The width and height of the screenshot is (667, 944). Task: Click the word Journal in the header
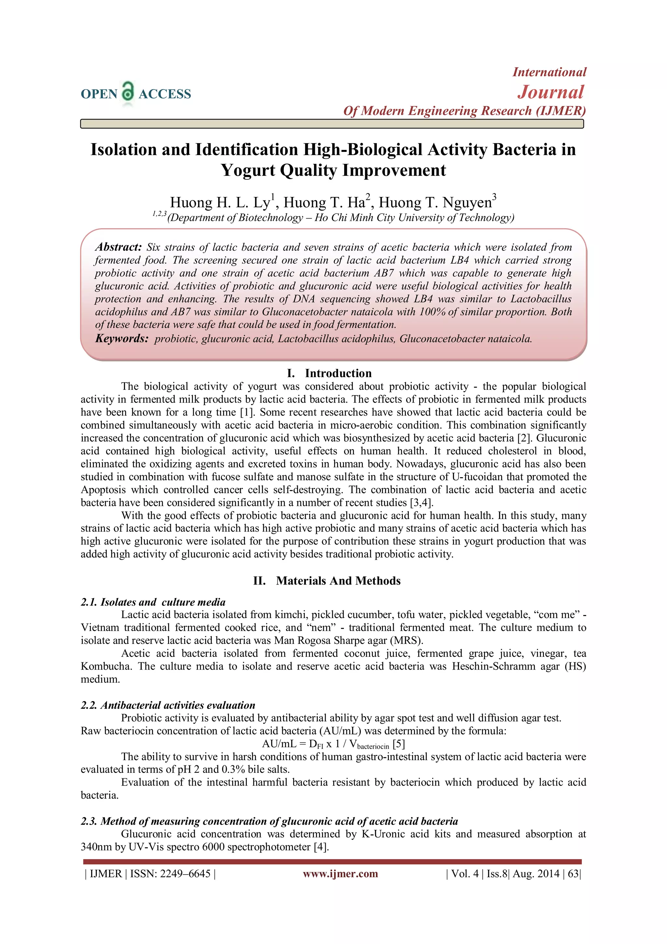[x=550, y=92]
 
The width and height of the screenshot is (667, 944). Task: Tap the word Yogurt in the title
[x=248, y=170]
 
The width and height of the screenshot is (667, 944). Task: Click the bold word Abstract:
[x=118, y=247]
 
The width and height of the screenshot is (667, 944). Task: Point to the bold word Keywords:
[x=121, y=339]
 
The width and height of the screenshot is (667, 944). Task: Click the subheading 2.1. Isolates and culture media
[x=153, y=602]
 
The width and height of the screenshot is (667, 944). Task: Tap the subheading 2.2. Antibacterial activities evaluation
[x=168, y=705]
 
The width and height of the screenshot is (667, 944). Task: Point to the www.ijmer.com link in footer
[x=340, y=874]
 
